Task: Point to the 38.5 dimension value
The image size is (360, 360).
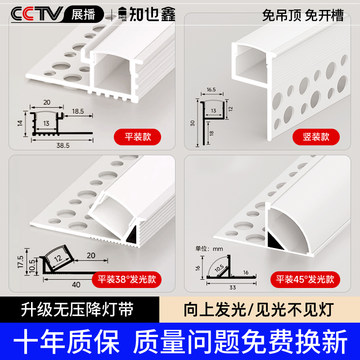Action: point(49,144)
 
